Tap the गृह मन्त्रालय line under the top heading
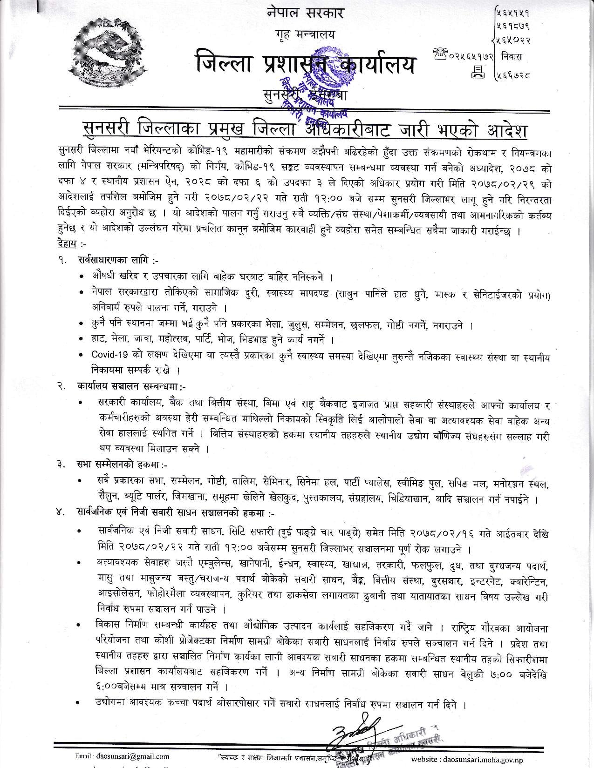[305, 35]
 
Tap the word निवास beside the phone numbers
[512, 56]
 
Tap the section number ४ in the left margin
[59, 513]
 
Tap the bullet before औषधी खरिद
[82, 276]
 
